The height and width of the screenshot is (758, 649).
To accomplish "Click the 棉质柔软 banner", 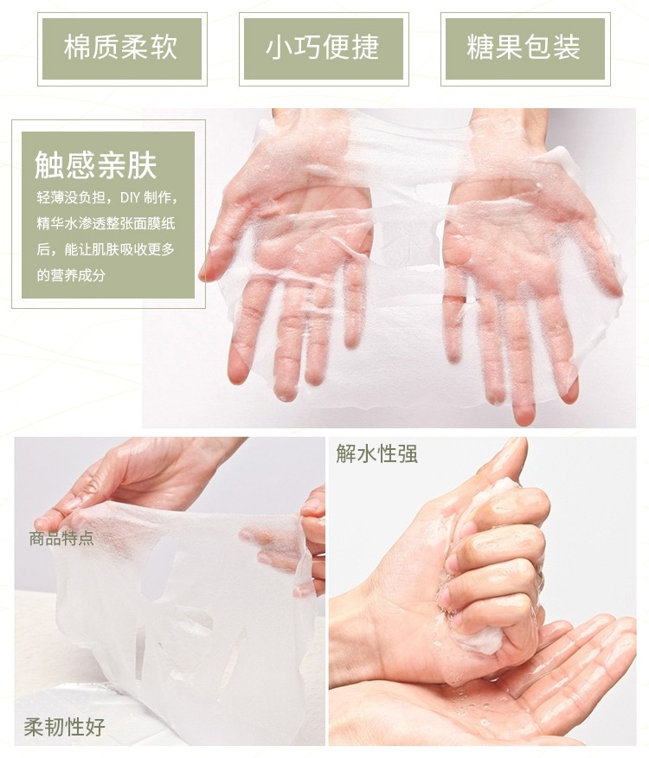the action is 122,48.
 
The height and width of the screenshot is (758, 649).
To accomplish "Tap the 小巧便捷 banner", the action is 324,48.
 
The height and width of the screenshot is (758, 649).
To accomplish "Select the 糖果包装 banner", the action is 525,48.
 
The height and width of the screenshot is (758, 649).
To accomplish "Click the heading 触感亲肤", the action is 96,165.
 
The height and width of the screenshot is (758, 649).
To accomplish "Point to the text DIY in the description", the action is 130,197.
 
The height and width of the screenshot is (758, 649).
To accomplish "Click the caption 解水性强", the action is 376,453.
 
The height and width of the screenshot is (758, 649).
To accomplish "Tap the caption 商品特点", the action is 61,538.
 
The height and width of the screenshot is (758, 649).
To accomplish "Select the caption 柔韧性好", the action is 64,727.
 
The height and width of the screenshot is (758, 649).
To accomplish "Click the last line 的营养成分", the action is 71,275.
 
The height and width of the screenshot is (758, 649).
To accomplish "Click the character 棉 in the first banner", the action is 78,48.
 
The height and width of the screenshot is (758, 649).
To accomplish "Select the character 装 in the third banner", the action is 567,48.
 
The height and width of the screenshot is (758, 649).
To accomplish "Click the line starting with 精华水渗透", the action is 106,224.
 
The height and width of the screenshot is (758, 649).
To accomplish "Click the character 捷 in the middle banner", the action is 366,48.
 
